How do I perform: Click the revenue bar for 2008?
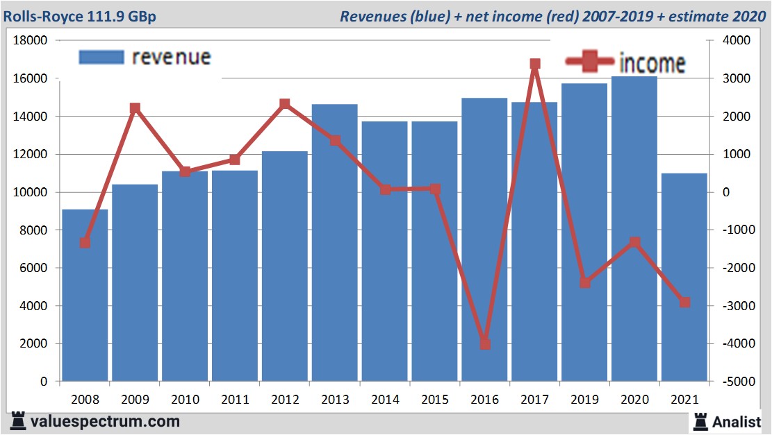(85, 295)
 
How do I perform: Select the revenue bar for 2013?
(334, 243)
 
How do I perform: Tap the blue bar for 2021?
(684, 278)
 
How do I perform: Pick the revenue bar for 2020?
(634, 229)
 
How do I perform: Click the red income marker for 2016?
(485, 344)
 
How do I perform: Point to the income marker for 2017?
(535, 64)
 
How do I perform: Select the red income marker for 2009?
(135, 108)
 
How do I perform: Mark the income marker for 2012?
(284, 104)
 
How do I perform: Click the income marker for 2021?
(684, 302)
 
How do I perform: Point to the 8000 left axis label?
(33, 230)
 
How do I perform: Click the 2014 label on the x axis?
(384, 400)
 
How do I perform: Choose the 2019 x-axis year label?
(584, 400)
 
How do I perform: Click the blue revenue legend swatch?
(101, 57)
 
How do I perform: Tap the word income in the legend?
(652, 64)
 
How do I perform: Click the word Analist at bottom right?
(737, 421)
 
